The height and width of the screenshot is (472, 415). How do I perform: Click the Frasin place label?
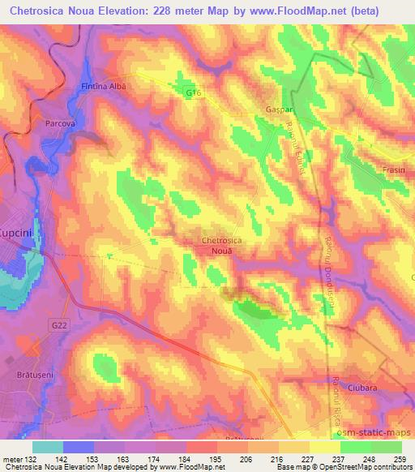coord(393,170)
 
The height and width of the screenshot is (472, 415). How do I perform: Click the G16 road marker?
coord(193,94)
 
